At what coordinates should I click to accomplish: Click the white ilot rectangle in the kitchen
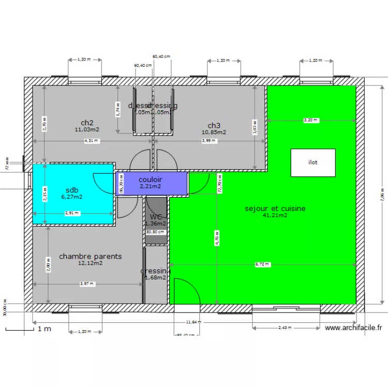(313, 162)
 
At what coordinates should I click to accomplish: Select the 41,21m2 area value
(275, 215)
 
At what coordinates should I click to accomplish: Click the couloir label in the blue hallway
(150, 180)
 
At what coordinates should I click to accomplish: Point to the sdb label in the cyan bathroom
(72, 190)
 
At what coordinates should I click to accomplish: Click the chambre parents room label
(91, 256)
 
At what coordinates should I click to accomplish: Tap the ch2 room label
(87, 123)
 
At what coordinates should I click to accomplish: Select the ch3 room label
(214, 125)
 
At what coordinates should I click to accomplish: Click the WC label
(156, 217)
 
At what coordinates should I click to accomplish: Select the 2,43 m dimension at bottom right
(285, 327)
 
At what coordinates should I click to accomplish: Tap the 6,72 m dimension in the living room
(262, 264)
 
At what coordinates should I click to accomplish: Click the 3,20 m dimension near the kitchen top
(310, 120)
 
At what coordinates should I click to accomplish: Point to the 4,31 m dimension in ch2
(92, 141)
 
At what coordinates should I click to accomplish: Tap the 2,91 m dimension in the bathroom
(72, 213)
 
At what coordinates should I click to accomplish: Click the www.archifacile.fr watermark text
(353, 327)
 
